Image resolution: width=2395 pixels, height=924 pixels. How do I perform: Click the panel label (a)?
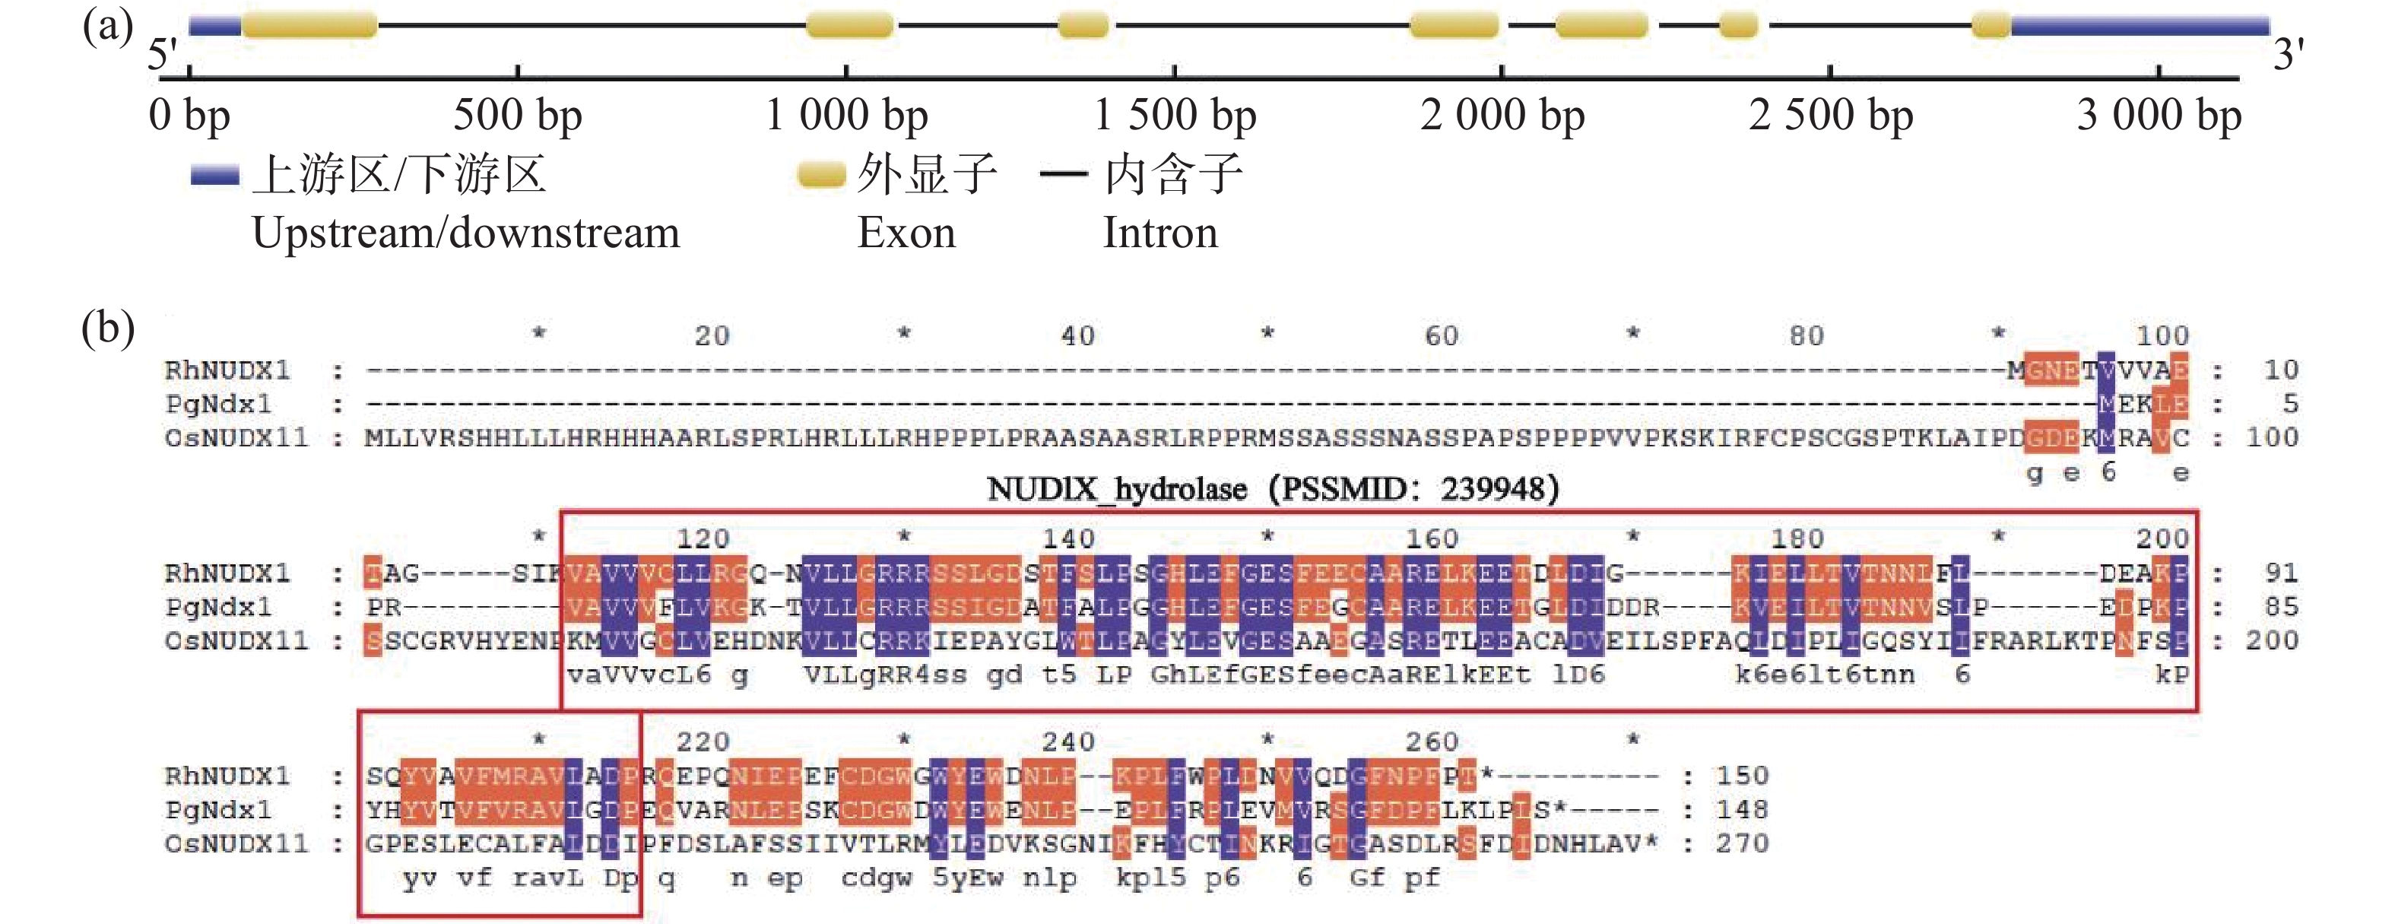coord(108,26)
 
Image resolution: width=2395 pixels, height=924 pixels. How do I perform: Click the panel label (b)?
coord(108,328)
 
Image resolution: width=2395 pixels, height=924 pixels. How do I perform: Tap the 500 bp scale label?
coord(517,116)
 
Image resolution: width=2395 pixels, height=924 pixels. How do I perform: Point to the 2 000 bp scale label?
coord(1502,116)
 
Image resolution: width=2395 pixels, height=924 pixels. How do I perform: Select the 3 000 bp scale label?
coord(2159,116)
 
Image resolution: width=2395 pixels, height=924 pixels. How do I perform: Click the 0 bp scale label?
coord(189,116)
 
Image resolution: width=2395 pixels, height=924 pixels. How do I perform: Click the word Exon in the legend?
coord(906,233)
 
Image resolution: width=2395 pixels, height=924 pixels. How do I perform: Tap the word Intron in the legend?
coord(1159,233)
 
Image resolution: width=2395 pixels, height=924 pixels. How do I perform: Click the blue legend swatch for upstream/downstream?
coord(214,175)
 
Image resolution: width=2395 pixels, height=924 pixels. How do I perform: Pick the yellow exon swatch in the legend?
coord(821,175)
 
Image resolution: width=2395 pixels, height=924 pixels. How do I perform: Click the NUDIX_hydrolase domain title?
coord(1272,488)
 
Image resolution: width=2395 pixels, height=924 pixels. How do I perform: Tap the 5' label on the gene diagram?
coord(162,53)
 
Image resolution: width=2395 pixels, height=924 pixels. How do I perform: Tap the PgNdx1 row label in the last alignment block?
coord(218,810)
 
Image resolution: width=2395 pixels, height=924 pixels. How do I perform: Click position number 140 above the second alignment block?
coord(1067,538)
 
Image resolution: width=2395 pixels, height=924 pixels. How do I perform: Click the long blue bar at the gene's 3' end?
coord(2138,25)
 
